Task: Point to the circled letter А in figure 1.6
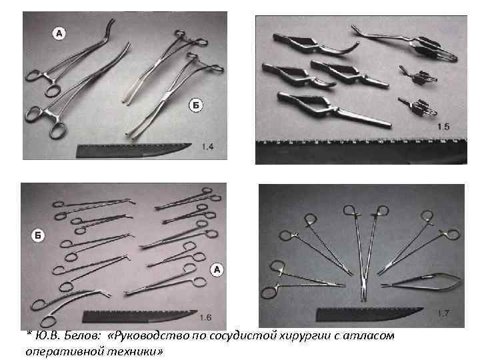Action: click(x=216, y=269)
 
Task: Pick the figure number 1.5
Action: click(x=443, y=126)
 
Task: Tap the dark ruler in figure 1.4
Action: click(x=133, y=151)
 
